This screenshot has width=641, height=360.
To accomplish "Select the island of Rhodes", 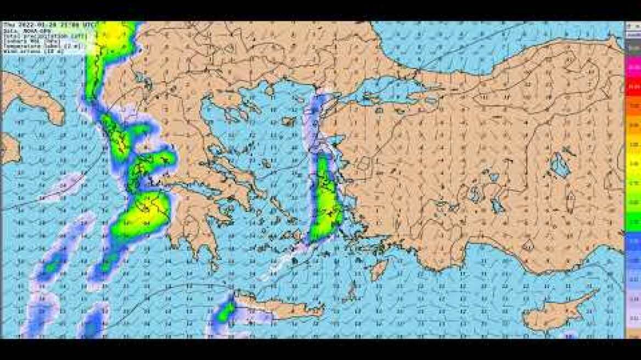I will (379, 269).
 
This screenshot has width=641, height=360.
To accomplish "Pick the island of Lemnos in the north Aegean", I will (288, 121).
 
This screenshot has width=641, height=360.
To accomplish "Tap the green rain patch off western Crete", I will (224, 313).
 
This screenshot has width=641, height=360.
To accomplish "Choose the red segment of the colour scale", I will (633, 88).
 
